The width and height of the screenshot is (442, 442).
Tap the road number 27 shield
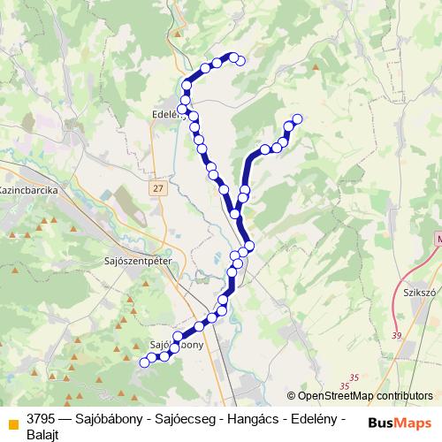[x=157, y=188]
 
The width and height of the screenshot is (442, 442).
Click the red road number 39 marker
[x=395, y=335]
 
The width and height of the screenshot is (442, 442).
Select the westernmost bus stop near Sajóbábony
[x=145, y=362]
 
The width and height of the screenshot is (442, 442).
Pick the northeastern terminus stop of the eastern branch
[x=297, y=119]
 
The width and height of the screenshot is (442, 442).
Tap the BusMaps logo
[x=400, y=423]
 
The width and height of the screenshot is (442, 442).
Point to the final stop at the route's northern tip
[x=240, y=60]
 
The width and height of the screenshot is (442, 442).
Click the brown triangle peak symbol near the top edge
[x=179, y=34]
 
